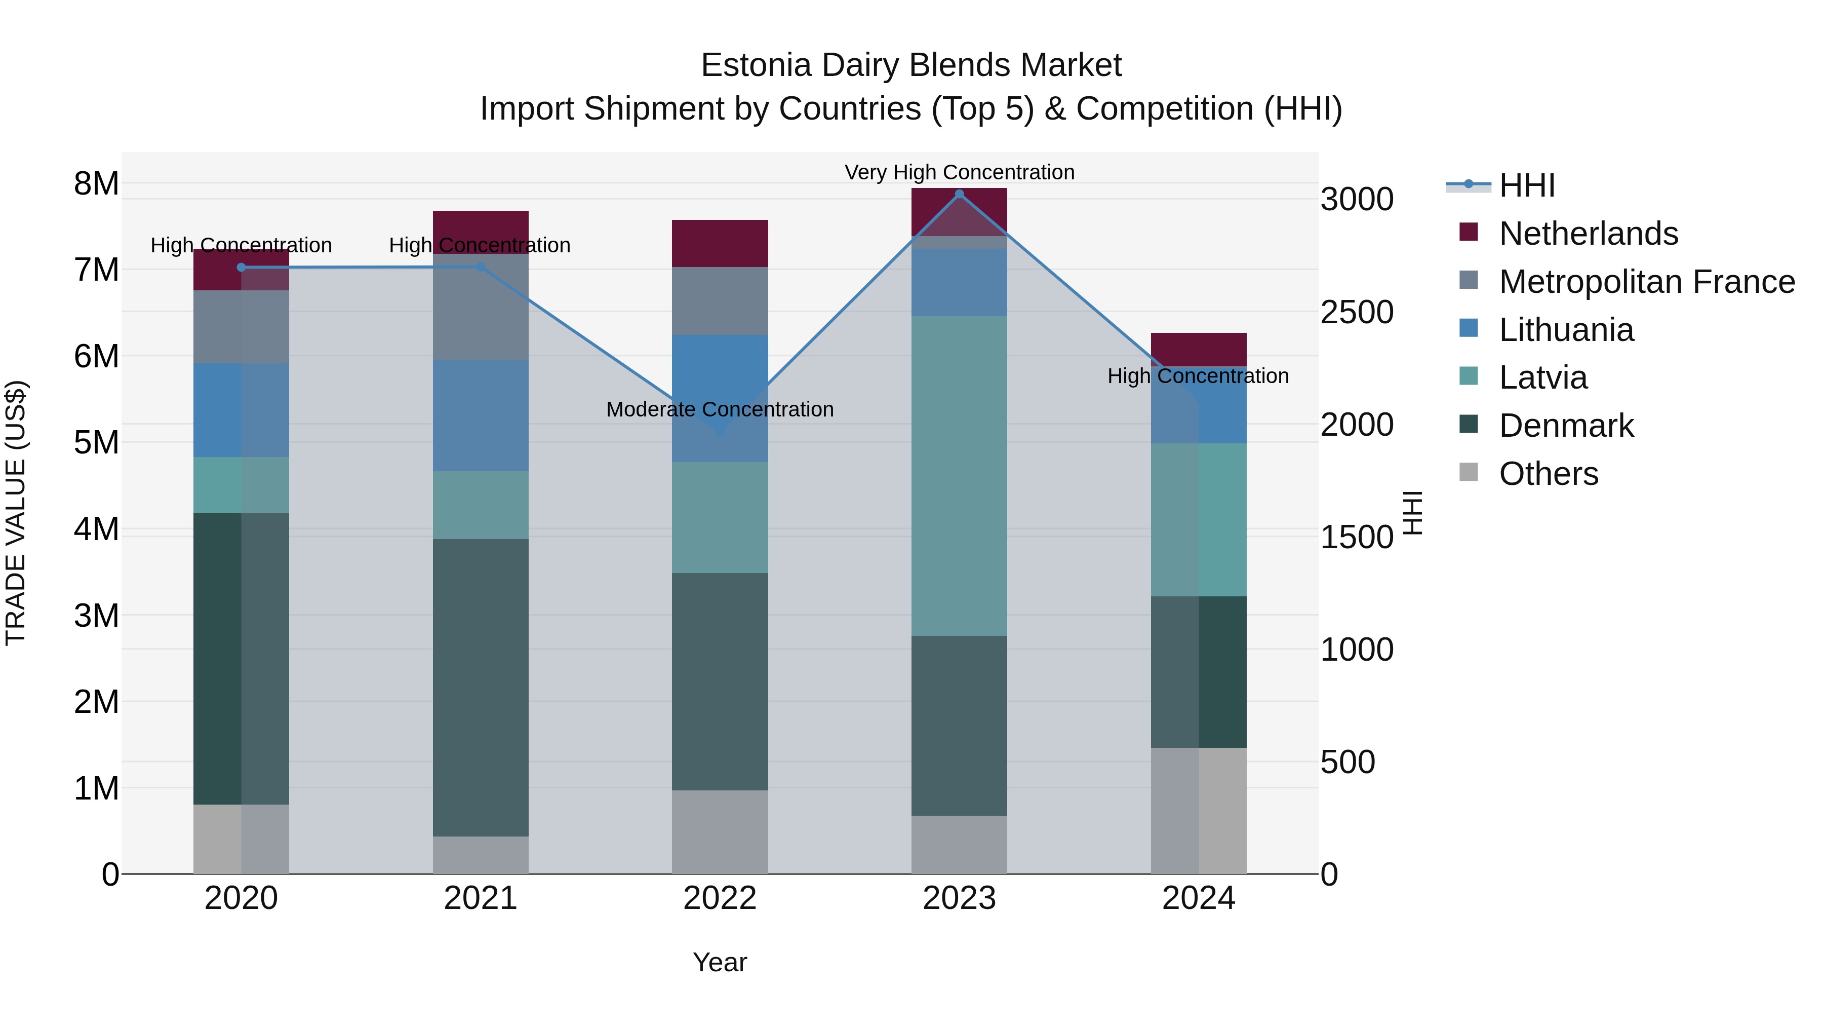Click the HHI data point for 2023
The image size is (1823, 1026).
tap(959, 194)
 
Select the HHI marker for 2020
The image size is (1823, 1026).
tap(242, 268)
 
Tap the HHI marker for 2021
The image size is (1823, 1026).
tap(481, 267)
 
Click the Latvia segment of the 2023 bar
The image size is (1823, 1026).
tap(959, 476)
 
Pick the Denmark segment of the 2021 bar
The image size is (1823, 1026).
tap(481, 688)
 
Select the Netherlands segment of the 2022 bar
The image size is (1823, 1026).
tap(720, 244)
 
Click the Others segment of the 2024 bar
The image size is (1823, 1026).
tap(1199, 811)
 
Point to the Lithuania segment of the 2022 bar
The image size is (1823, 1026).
tap(720, 399)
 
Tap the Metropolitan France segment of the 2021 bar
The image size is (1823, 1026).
tap(481, 307)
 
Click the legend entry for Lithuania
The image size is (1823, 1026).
tap(1566, 330)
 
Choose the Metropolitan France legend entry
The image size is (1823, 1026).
tap(1647, 282)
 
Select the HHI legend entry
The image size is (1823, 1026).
tap(1526, 185)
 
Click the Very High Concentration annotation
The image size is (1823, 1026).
tap(959, 172)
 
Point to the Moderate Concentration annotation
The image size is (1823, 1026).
tap(720, 409)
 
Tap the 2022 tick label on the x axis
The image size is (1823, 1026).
tap(720, 898)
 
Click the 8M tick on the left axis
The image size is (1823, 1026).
tap(96, 183)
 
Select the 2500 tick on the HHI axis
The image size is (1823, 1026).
tap(1357, 312)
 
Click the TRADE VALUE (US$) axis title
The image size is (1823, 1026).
tap(16, 513)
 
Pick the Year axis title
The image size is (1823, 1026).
tap(720, 962)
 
